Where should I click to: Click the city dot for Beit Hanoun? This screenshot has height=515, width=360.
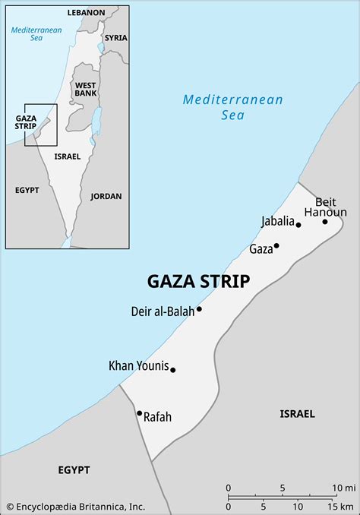(325, 222)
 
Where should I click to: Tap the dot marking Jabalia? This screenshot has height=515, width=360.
(298, 225)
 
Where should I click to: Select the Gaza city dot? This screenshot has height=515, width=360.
(276, 245)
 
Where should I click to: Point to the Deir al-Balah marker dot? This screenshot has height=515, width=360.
(199, 309)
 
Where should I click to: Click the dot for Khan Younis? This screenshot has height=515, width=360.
(173, 370)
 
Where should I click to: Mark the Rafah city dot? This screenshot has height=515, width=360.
(139, 413)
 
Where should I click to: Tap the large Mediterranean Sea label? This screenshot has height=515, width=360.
(233, 107)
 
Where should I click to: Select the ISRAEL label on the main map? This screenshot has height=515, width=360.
(297, 414)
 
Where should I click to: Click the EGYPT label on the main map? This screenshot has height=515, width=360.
(74, 470)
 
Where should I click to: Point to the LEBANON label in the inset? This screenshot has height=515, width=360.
(86, 13)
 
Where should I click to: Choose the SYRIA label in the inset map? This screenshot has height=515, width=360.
(116, 37)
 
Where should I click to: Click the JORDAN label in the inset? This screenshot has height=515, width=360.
(106, 196)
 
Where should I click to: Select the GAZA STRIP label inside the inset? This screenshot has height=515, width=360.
(26, 122)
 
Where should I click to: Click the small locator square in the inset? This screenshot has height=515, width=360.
(40, 125)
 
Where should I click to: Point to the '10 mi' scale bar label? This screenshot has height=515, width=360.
(345, 487)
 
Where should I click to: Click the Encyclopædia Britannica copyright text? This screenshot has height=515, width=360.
(75, 507)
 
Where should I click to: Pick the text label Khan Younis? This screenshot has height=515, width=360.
(138, 366)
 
